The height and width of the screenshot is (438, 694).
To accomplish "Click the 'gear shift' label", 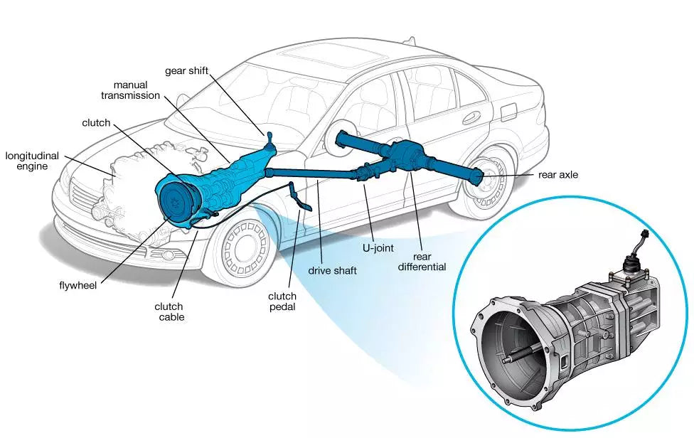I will pos(186,71).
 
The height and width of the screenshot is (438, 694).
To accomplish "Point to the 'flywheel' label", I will pos(78,286).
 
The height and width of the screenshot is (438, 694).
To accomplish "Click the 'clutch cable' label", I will pos(169,311).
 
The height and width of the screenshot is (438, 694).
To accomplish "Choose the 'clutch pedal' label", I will pos(282,301).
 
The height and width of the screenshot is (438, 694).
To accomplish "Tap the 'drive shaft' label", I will pos(332,270).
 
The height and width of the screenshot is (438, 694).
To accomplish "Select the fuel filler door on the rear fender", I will pos(508,112).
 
